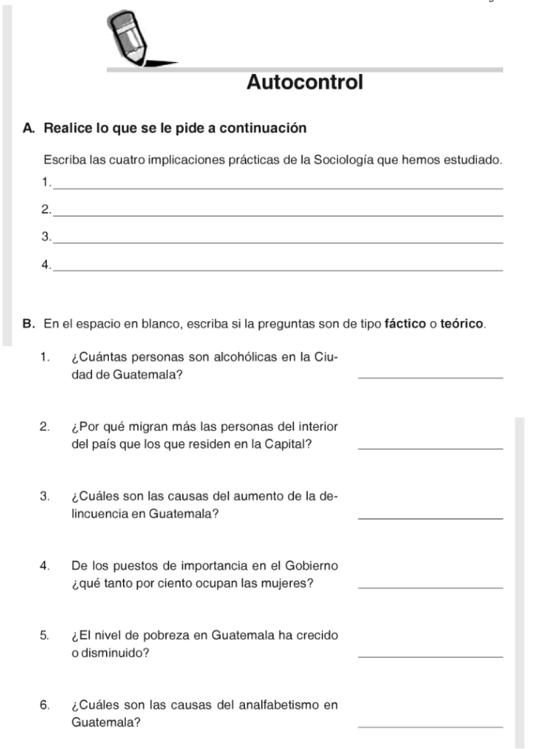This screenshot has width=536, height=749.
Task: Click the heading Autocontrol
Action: [x=305, y=82]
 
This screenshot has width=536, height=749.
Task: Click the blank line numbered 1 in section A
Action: [x=278, y=188]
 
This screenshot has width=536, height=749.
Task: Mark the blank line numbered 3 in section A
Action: [x=278, y=241]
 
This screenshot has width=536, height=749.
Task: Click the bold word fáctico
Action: [x=405, y=323]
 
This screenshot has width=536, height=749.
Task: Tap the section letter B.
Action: [x=28, y=323]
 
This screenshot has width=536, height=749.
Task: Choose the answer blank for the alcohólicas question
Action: [x=431, y=376]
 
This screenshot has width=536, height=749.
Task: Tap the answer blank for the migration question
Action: [x=431, y=447]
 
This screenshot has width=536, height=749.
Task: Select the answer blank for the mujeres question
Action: [x=431, y=587]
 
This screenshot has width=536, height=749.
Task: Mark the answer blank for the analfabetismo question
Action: [x=431, y=726]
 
